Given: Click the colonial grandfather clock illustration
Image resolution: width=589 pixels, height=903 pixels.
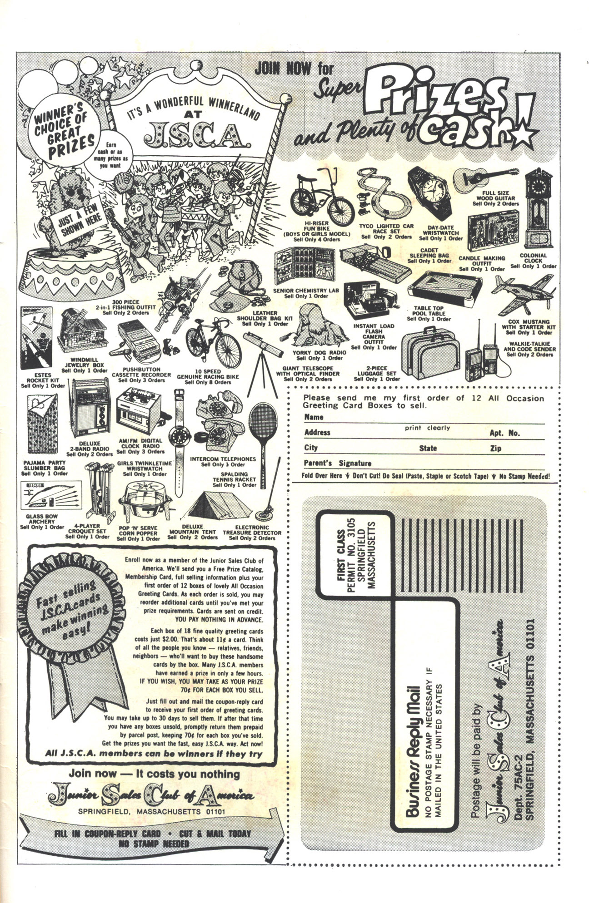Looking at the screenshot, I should point(539,209).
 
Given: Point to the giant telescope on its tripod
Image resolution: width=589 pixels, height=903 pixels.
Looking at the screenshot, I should point(262,359).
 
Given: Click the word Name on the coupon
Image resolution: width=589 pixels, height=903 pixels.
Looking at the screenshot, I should point(314,417).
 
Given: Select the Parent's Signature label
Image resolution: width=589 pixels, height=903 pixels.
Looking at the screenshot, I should point(338,463).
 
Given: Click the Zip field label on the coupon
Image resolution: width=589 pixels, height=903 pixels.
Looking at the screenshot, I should point(495,448).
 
